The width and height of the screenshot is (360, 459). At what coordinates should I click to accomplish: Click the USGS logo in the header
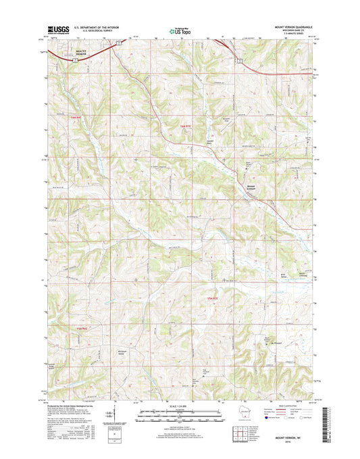pyautogui.click(x=59, y=30)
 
